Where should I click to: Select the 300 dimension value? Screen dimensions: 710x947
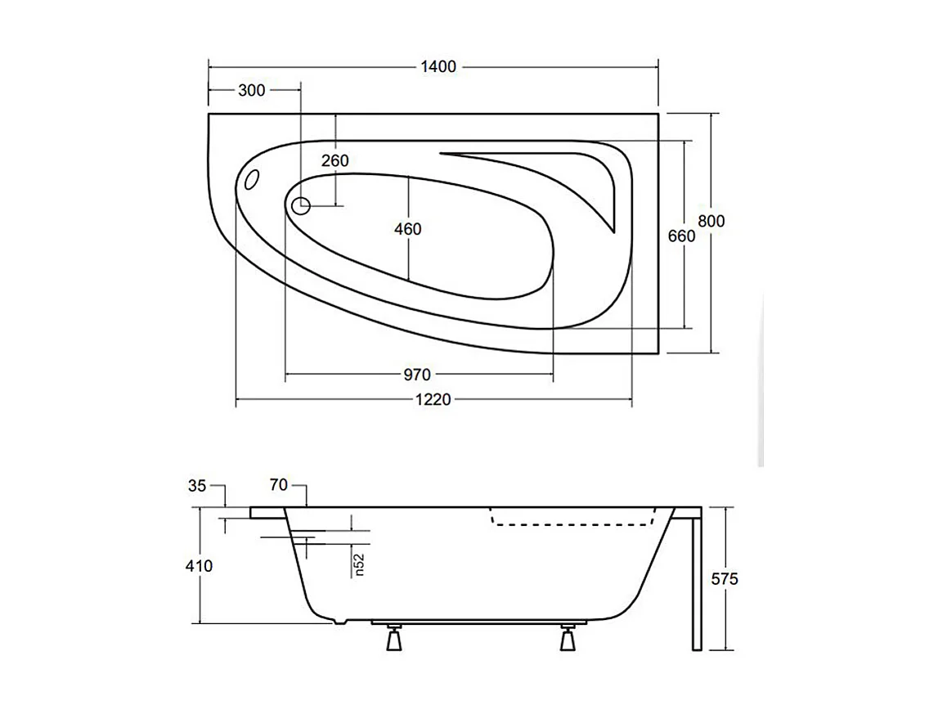[x=251, y=91]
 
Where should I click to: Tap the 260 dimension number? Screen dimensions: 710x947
[x=334, y=160]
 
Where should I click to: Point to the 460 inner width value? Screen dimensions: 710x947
[x=407, y=229]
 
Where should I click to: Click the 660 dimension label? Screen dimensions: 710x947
[x=681, y=236]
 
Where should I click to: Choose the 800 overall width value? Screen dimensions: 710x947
[x=711, y=221]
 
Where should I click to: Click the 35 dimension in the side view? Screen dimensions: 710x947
[x=197, y=485]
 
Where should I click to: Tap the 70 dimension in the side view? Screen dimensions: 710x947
[x=278, y=485]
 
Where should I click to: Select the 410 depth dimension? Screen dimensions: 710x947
[x=199, y=565]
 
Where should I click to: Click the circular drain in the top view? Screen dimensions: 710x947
[x=301, y=205]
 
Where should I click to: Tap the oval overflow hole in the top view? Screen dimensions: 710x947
[x=252, y=179]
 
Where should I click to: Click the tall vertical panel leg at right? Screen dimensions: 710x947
[x=696, y=581]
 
